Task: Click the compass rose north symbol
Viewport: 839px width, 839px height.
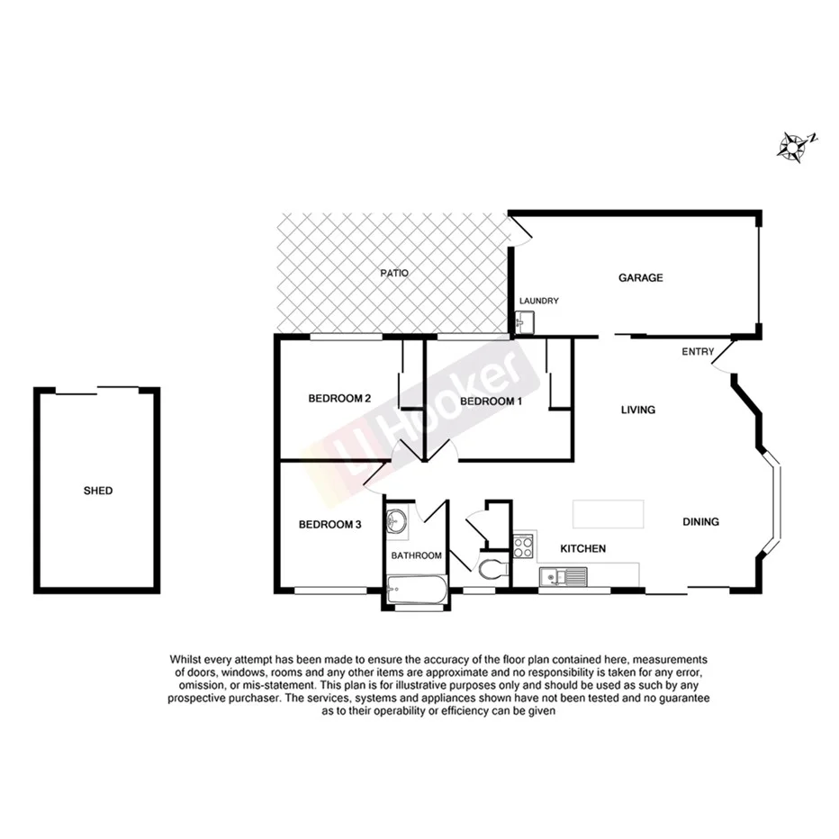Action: click(x=794, y=146)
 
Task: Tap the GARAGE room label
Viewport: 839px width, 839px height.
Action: click(x=640, y=277)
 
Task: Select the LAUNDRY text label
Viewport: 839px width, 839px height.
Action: click(x=539, y=301)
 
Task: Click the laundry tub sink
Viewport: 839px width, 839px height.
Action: click(x=525, y=321)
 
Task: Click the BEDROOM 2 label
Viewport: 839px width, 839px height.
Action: click(x=339, y=398)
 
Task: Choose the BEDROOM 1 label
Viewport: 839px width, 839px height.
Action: click(x=490, y=401)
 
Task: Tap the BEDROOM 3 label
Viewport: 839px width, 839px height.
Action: click(x=329, y=524)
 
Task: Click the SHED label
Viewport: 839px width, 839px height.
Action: click(x=97, y=491)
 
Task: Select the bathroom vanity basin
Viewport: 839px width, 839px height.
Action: click(x=397, y=521)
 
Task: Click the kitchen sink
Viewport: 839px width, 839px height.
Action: click(x=563, y=575)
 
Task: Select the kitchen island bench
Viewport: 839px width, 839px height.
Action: click(x=608, y=515)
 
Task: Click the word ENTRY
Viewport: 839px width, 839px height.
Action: click(x=699, y=351)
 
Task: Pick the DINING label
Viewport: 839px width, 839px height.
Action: click(x=700, y=521)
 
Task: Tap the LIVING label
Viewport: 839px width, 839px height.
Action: click(x=638, y=410)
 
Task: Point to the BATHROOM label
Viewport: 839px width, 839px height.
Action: click(x=416, y=555)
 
